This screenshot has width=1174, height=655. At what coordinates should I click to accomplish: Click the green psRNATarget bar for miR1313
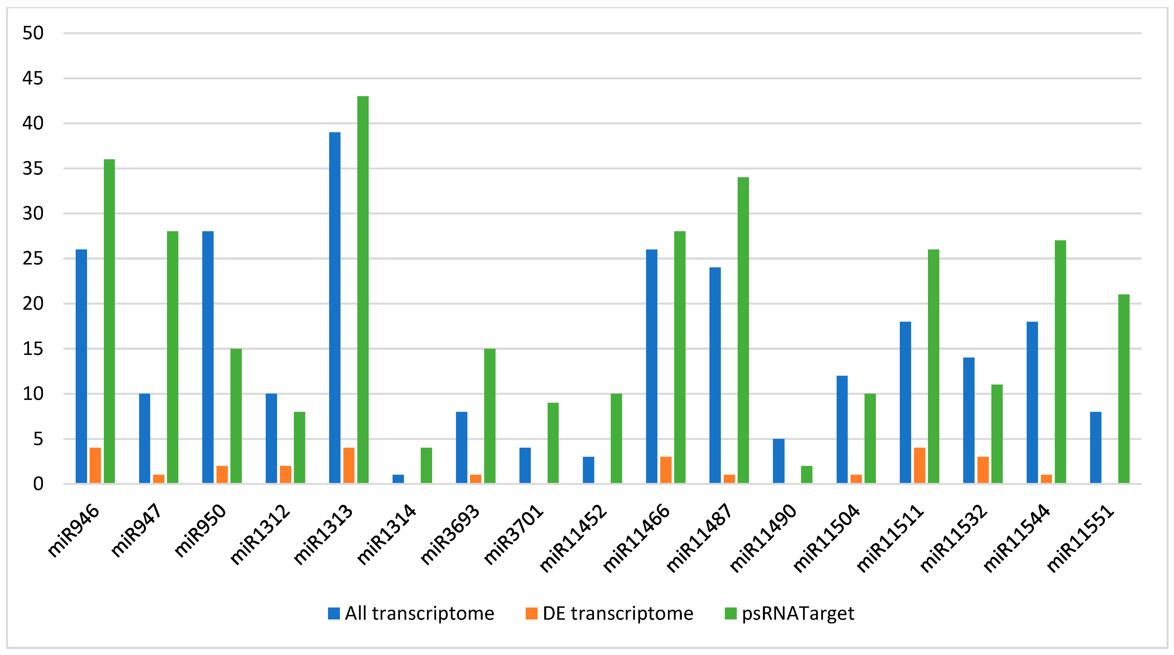[363, 290]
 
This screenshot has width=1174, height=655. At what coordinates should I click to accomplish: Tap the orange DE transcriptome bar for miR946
[95, 465]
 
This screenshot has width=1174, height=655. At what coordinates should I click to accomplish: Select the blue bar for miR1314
[398, 479]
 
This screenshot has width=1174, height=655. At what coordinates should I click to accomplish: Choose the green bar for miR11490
[806, 474]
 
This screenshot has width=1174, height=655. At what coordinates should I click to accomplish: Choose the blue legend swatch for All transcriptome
[334, 613]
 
